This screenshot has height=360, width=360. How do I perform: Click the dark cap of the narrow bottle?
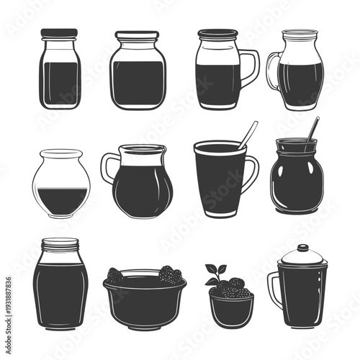click(x=59, y=33)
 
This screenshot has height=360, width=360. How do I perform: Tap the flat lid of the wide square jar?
click(x=137, y=35)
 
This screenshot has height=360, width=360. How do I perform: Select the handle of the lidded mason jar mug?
click(x=249, y=66)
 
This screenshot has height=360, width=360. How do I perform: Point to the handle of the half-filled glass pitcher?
click(x=272, y=72)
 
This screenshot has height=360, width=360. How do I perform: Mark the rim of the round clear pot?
click(x=61, y=153)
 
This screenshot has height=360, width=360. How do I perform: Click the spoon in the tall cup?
click(x=247, y=135)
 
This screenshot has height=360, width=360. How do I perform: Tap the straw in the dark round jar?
click(x=311, y=131)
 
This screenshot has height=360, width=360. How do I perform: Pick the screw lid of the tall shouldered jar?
click(x=60, y=244)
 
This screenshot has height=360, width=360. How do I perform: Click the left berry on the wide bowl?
click(x=115, y=274)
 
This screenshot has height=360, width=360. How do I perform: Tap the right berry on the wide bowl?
click(x=171, y=274)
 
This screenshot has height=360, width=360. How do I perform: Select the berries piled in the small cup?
click(x=233, y=289)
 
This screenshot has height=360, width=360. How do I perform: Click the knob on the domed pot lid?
click(x=302, y=247)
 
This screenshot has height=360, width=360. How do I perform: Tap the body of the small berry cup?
click(x=231, y=310)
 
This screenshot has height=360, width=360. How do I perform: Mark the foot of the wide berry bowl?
click(x=144, y=323)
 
